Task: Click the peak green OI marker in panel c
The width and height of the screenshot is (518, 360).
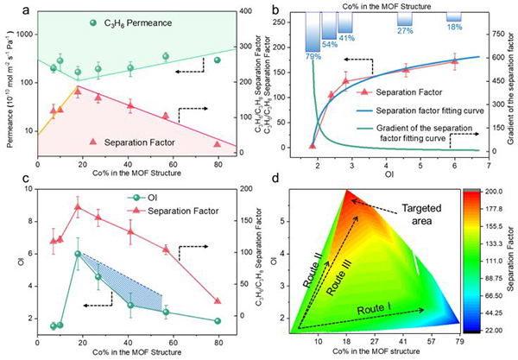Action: [78, 254]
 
